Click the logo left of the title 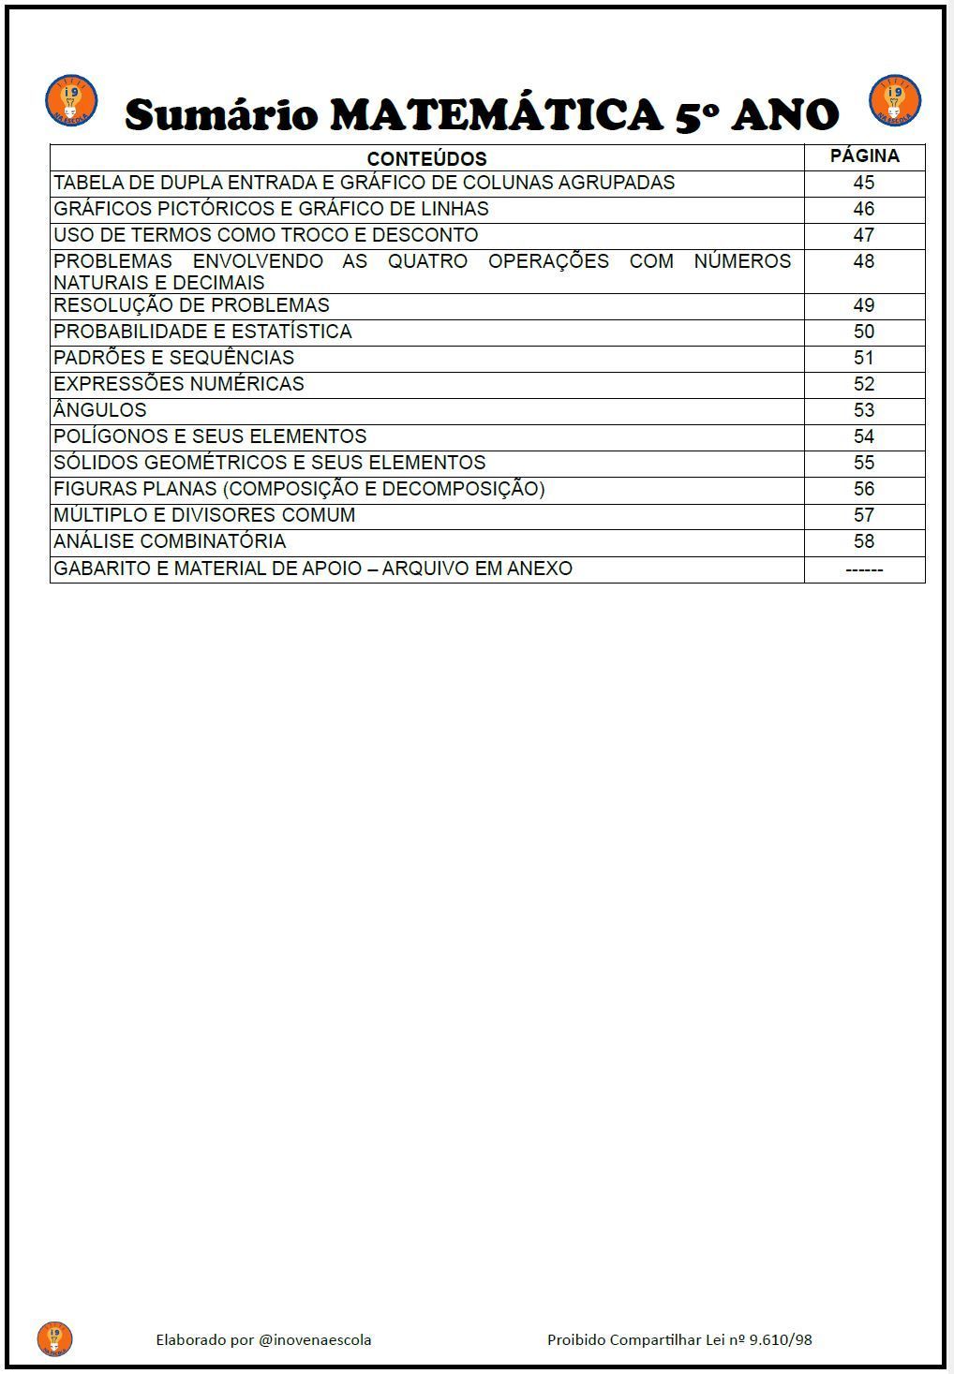coord(71,101)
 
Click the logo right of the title coord(895,101)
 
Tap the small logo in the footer coord(54,1339)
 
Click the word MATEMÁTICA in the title coord(498,115)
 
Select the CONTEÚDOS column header coord(426,158)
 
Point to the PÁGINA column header coord(864,156)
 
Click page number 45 coord(863,183)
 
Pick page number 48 coord(863,261)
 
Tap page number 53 coord(863,410)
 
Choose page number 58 coord(863,541)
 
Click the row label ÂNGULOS coord(100,410)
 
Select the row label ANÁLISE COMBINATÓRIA coord(170,541)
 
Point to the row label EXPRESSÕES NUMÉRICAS coord(179,384)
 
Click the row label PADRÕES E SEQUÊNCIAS coord(173,358)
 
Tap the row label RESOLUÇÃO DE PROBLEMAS coord(191,305)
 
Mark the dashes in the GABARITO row coord(863,569)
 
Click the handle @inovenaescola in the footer coord(315,1340)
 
